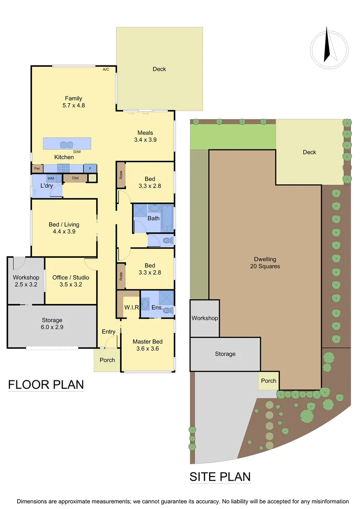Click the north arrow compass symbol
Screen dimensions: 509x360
(329, 46)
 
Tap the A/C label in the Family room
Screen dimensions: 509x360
(106, 69)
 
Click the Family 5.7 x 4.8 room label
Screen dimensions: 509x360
(74, 102)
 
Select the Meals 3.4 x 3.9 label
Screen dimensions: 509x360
(145, 136)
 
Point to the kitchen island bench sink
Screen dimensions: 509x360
(67, 145)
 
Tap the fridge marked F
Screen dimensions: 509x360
(90, 168)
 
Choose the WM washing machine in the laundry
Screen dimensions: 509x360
(51, 178)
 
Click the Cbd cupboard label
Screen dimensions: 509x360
(75, 178)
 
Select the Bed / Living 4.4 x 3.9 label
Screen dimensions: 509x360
(64, 228)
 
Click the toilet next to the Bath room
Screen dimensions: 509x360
(166, 240)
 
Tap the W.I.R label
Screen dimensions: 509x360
(131, 308)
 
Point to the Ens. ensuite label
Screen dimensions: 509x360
(157, 308)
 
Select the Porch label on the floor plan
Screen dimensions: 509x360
(107, 360)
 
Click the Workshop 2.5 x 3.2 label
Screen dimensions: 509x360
(26, 280)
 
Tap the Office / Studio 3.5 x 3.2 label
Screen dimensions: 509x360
(71, 280)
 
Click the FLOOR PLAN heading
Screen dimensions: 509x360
(46, 385)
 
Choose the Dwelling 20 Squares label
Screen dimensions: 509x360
(265, 263)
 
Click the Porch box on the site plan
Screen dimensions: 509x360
(269, 381)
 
